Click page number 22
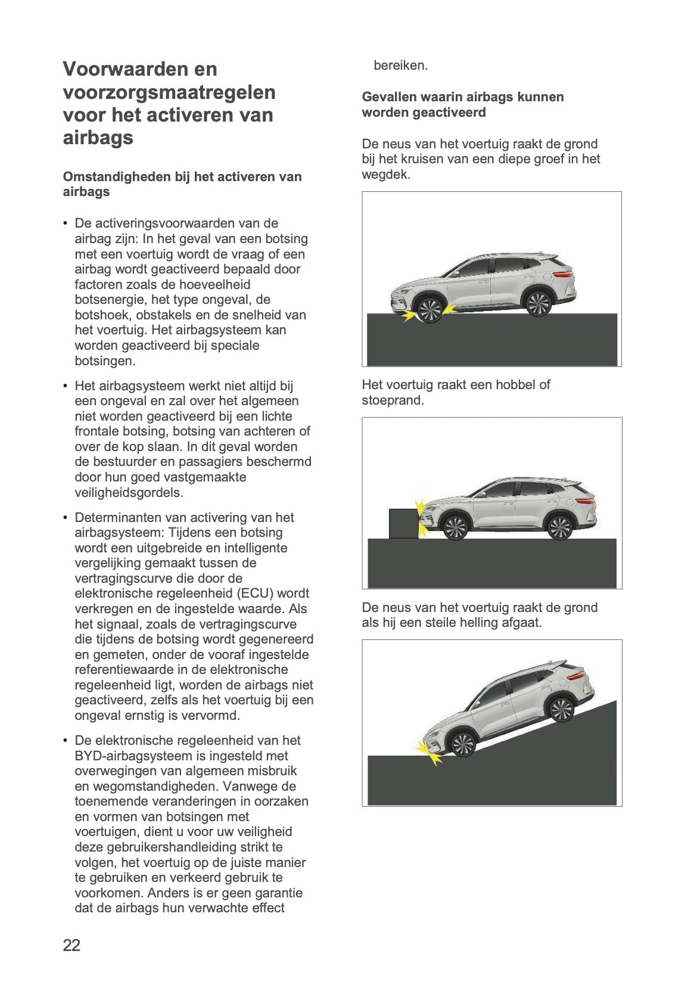pos(71,945)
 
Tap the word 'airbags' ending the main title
pos(98,138)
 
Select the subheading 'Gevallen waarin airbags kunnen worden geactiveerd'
pos(462,104)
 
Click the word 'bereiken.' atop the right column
pos(400,66)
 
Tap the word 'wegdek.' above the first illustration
pos(386,175)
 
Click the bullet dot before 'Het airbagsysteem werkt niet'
pos(65,386)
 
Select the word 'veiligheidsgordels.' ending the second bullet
pos(129,492)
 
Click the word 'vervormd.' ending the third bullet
pos(213,715)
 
